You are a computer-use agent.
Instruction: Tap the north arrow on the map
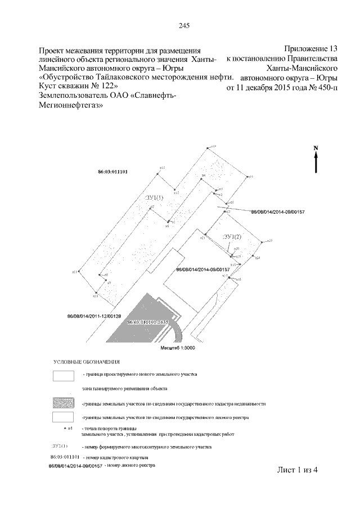pyautogui.click(x=316, y=160)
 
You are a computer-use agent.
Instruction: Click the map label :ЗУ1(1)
pyautogui.click(x=154, y=197)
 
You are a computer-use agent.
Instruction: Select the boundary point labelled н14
pyautogui.click(x=208, y=148)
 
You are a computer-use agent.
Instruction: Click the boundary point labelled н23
pyautogui.click(x=263, y=242)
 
